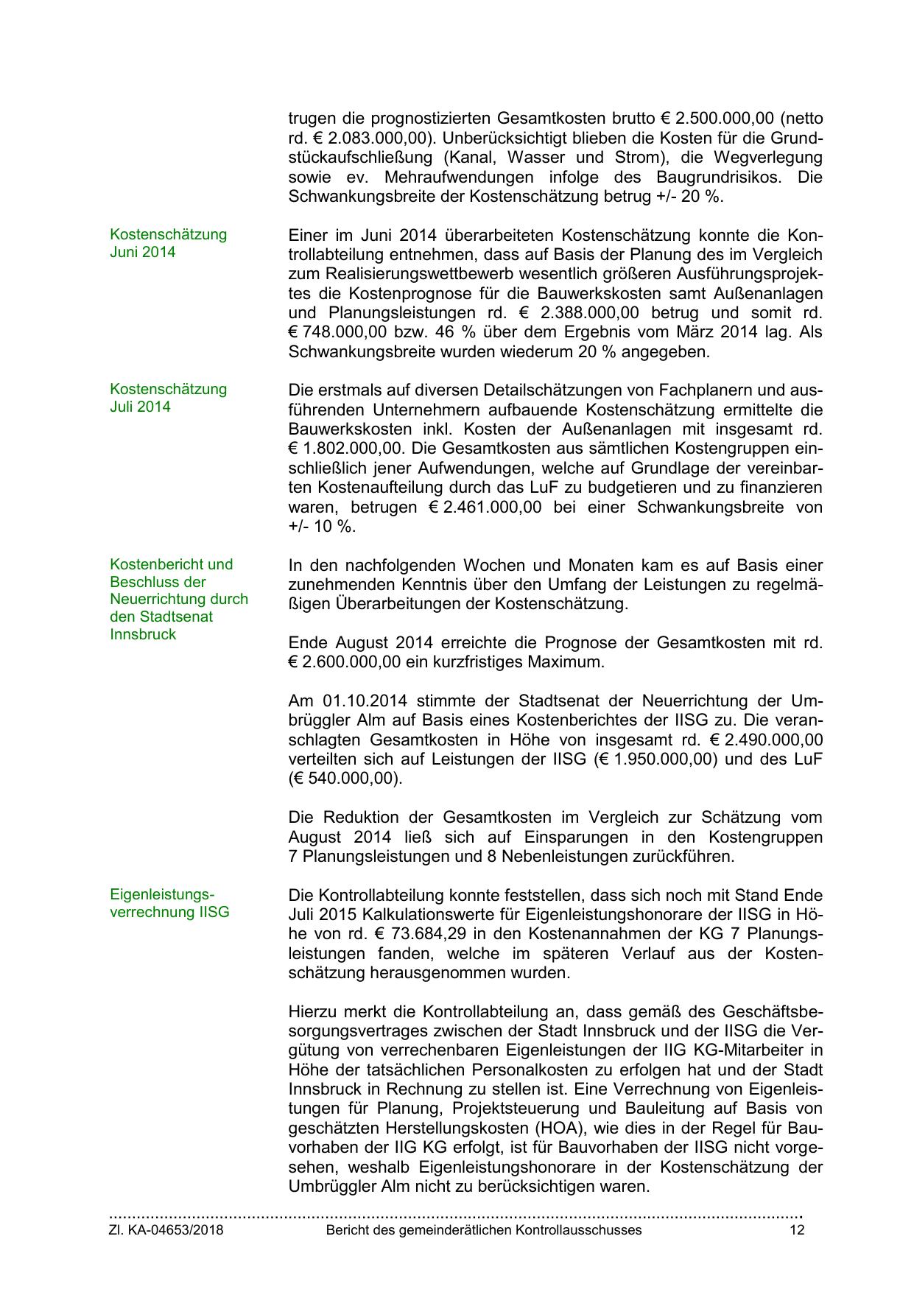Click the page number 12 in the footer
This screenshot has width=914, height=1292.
pyautogui.click(x=796, y=1230)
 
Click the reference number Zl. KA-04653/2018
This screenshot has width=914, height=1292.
pyautogui.click(x=166, y=1230)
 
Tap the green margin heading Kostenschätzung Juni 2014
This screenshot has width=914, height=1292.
pyautogui.click(x=168, y=243)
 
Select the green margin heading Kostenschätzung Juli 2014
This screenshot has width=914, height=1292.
pyautogui.click(x=168, y=398)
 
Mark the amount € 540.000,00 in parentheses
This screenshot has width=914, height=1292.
pyautogui.click(x=345, y=779)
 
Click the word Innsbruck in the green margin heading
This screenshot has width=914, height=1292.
pyautogui.click(x=143, y=634)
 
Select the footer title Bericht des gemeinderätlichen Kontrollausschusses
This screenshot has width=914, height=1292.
pyautogui.click(x=484, y=1230)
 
